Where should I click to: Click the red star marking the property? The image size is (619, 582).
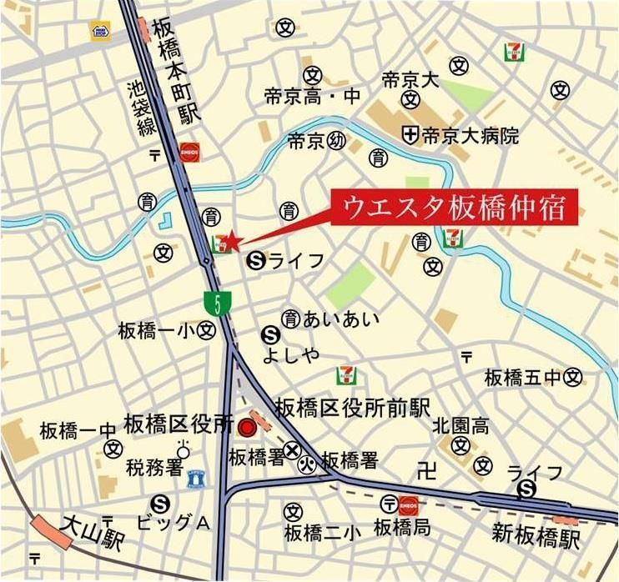tap(233, 241)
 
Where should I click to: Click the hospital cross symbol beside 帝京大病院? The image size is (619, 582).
tap(410, 133)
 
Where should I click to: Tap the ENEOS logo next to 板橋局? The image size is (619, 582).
tap(409, 503)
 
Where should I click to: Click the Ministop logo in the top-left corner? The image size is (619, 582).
tap(101, 32)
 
